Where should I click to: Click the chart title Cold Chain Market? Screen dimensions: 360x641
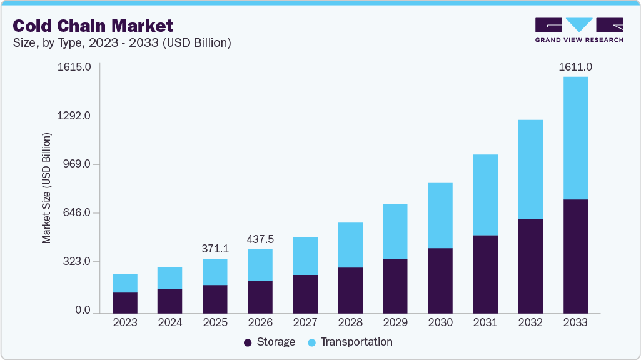[x=93, y=26]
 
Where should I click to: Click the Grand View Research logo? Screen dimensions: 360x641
[x=579, y=30]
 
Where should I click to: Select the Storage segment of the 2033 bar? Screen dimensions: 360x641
[x=575, y=256]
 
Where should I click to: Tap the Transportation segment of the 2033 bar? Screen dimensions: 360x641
[x=575, y=138]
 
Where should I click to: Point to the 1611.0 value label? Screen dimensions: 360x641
[x=575, y=67]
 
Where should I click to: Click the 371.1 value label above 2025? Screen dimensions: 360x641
[x=215, y=249]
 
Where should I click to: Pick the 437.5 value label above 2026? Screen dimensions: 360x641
[x=260, y=239]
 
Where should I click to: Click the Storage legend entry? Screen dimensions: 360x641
[x=269, y=342]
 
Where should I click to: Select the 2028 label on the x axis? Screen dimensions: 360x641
[x=350, y=322]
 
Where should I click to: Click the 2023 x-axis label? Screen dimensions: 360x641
[x=125, y=322]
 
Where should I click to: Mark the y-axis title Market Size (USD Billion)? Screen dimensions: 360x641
[x=46, y=188]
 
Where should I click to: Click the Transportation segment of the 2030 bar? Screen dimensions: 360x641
[x=440, y=215]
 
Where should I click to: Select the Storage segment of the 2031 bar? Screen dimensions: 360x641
[x=485, y=274]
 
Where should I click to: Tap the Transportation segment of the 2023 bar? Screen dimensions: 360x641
[x=125, y=283]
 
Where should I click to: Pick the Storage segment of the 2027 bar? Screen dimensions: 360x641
[x=305, y=294]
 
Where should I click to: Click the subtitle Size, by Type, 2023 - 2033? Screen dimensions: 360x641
[x=123, y=43]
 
